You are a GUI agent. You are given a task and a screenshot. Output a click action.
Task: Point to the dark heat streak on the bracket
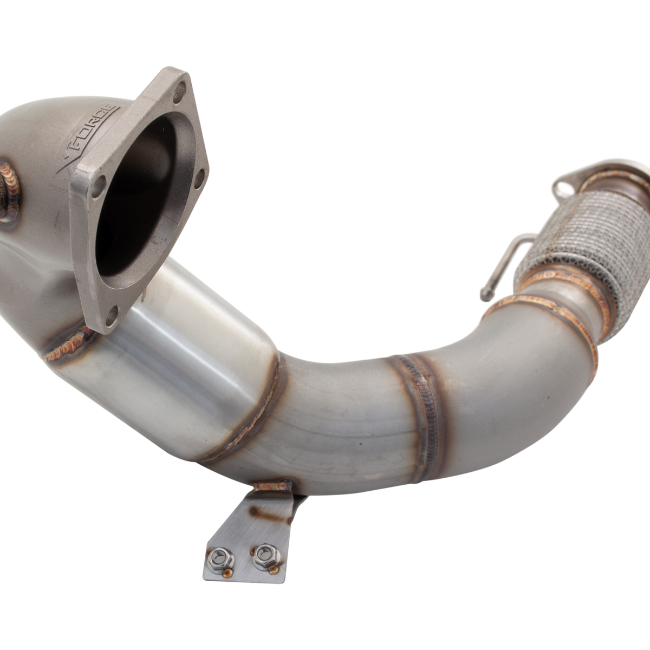[x=253, y=510]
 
